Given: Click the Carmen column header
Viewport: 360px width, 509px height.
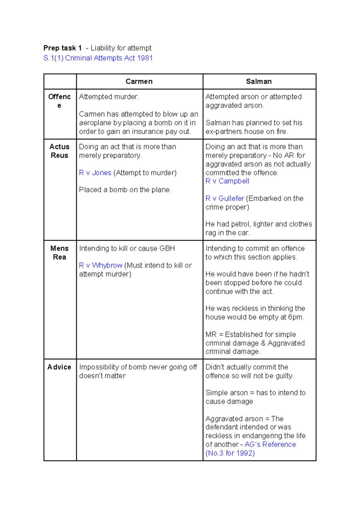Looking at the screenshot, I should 139,82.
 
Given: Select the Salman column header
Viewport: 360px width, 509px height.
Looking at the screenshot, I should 259,82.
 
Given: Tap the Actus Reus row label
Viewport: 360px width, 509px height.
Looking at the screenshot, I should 59,151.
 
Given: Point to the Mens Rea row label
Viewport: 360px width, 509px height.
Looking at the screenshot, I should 59,253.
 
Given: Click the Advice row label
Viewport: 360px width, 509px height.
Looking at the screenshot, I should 59,367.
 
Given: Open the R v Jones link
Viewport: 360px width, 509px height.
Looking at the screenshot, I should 95,173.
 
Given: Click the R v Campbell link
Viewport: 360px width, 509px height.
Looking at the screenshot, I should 227,181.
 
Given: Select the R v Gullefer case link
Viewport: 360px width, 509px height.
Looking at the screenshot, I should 225,199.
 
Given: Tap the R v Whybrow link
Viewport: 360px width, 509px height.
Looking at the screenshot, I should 100,265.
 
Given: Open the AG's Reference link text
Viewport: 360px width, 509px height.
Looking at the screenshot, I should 270,445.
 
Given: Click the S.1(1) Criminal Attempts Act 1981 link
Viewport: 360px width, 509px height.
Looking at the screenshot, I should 98,58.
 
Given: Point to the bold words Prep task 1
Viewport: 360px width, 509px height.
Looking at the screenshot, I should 62,48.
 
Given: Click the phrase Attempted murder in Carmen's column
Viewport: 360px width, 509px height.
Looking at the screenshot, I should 109,97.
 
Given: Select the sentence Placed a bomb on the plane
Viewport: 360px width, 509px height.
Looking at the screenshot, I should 125,190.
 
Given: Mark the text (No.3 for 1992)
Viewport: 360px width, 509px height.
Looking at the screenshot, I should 230,453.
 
